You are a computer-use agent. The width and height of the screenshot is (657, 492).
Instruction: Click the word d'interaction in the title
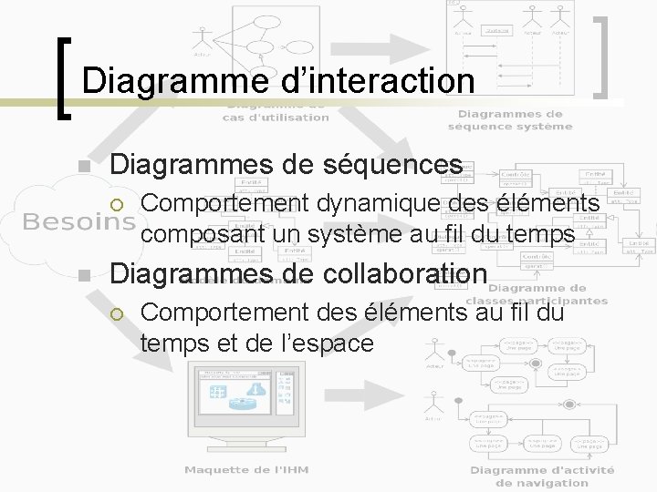pyautogui.click(x=372, y=81)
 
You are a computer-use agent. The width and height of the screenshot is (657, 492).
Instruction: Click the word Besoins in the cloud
pyautogui.click(x=78, y=221)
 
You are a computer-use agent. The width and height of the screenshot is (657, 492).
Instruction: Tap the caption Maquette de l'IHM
pyautogui.click(x=246, y=469)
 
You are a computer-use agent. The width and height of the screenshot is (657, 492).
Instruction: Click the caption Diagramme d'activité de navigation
pyautogui.click(x=542, y=476)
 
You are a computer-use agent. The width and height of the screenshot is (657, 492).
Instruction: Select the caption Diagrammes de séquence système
pyautogui.click(x=510, y=119)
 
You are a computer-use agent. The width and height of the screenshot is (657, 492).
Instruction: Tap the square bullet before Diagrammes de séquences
pyautogui.click(x=83, y=166)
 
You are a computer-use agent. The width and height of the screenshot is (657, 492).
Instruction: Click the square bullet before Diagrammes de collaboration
pyautogui.click(x=83, y=276)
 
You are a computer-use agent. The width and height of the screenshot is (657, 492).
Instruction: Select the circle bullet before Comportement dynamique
pyautogui.click(x=116, y=203)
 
